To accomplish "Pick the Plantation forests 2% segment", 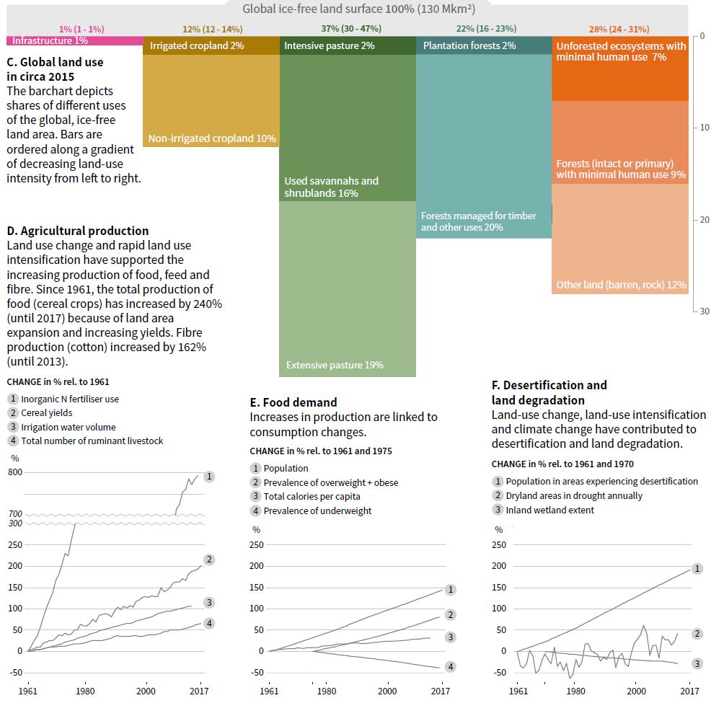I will (483, 45).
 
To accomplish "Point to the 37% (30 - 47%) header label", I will (351, 29).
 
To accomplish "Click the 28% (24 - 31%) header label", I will (619, 29).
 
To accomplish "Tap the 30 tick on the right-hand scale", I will (703, 311).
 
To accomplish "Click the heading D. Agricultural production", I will (78, 231).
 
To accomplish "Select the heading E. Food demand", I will (293, 402).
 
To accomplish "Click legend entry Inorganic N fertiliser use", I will (70, 399).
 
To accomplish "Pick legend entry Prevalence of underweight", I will (317, 510).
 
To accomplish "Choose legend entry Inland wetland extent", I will (549, 510).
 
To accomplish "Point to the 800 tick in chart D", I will (15, 472).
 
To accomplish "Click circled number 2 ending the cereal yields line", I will (209, 560).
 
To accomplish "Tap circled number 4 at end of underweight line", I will (451, 667).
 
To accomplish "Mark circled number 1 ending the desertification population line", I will (697, 569).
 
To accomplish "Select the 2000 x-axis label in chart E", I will (387, 691).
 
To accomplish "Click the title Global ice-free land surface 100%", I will (358, 9).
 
